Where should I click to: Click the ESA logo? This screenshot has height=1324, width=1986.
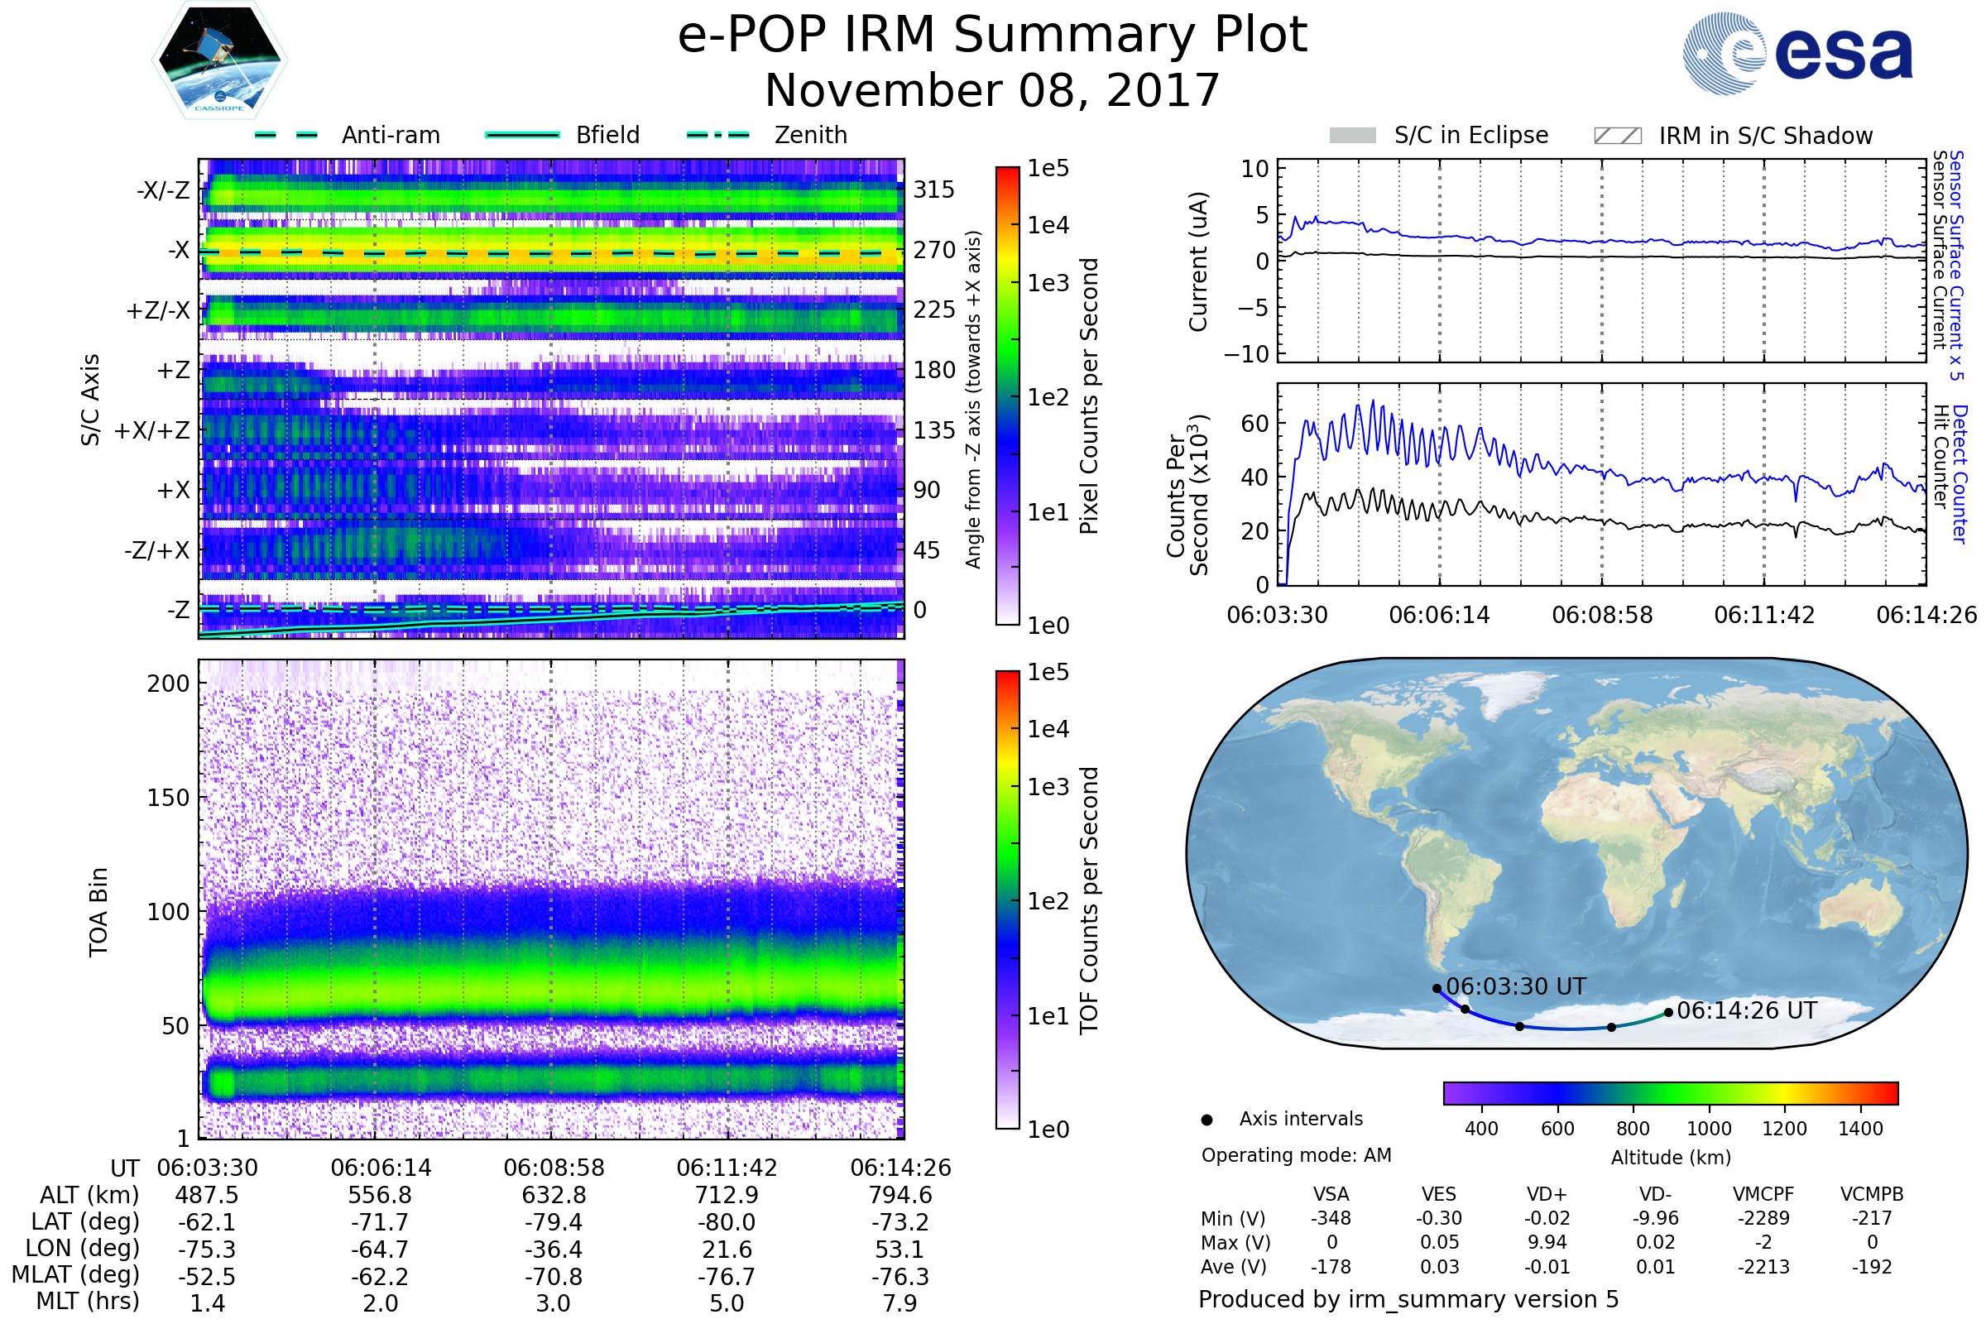coord(1797,53)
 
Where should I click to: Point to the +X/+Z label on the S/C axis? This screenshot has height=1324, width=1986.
coord(152,430)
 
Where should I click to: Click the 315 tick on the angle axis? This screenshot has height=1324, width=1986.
coord(933,189)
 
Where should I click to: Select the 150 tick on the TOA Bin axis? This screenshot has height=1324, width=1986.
coord(168,798)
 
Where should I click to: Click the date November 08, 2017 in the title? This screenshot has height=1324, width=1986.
coord(992,90)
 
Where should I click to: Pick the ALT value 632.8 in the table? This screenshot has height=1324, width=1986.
coord(554,1195)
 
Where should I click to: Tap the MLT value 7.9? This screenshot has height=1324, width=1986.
coord(899,1302)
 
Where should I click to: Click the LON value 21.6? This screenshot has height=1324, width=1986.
coord(727,1249)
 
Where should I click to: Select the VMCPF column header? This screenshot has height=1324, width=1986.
coord(1763,1194)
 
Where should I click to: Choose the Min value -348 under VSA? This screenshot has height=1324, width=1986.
coord(1331,1218)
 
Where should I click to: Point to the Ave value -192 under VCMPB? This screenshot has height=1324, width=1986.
coord(1871,1267)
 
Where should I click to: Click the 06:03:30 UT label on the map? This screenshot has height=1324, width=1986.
coord(1516,986)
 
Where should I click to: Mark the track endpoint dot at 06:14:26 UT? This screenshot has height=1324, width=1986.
coord(1668,1012)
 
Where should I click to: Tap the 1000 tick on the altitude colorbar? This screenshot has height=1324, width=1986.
coord(1708,1129)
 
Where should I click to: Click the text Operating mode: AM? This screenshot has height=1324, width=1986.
coord(1296,1155)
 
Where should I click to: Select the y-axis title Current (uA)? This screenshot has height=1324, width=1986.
coord(1198,261)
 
